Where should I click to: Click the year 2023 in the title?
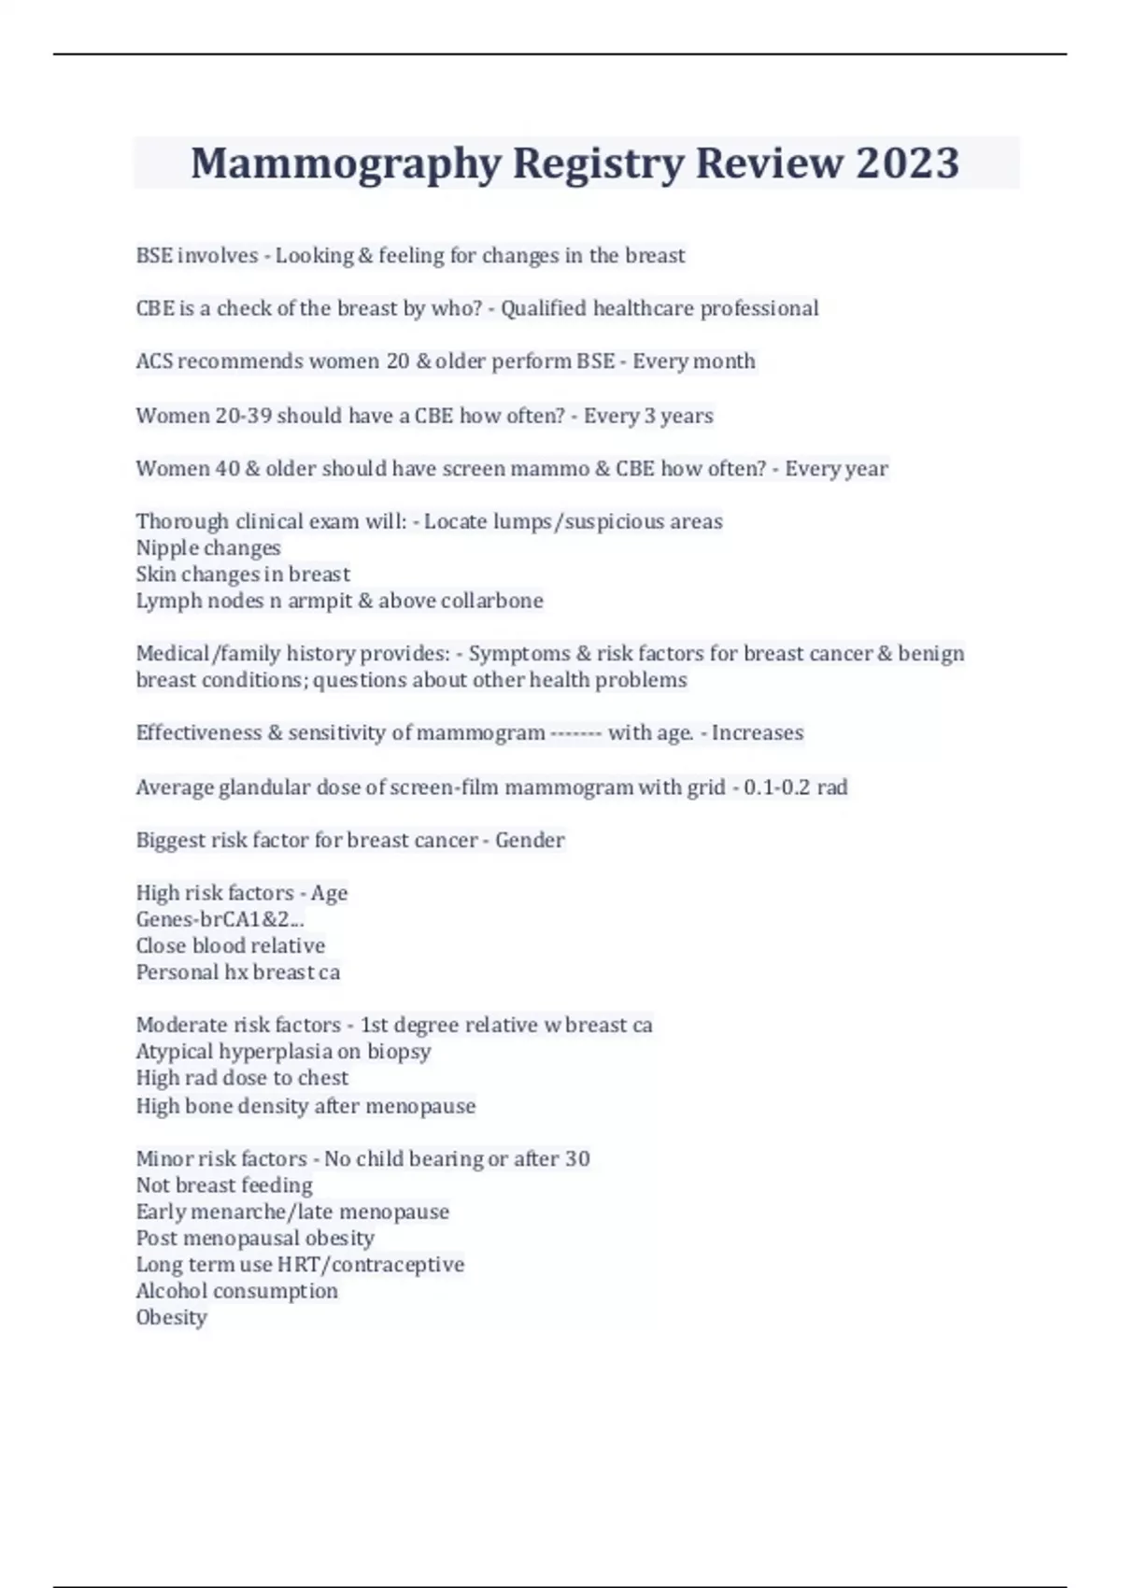[x=906, y=163]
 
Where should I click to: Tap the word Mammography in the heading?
[x=347, y=163]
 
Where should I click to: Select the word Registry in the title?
[x=598, y=163]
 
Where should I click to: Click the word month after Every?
[x=726, y=362]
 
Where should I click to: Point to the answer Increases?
[x=758, y=733]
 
